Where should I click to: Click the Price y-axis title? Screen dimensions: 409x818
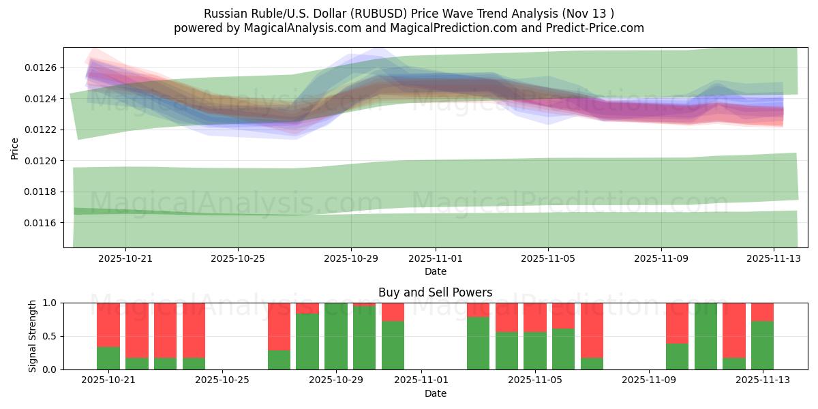coord(15,147)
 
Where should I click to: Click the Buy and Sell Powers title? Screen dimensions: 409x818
coord(436,293)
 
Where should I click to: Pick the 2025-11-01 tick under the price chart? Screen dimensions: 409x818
coord(436,259)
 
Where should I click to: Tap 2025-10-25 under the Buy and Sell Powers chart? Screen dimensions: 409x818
coord(222,380)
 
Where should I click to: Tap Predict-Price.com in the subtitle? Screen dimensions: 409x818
coord(595,28)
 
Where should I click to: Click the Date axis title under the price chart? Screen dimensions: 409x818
coord(436,271)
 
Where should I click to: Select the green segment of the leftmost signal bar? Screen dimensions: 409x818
coord(108,358)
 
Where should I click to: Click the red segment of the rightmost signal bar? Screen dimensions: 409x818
coord(762,312)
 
